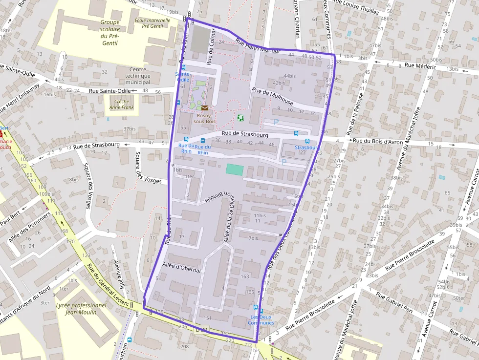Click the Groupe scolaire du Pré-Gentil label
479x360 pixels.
(x=110, y=32)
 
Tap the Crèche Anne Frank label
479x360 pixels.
(x=122, y=104)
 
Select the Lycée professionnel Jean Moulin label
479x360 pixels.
(x=81, y=309)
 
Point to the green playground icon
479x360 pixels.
(x=240, y=118)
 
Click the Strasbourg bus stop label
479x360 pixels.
(x=307, y=147)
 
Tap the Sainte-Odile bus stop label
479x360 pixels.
(x=182, y=76)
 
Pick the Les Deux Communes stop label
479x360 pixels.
(x=261, y=320)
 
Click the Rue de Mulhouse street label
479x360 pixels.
(x=273, y=96)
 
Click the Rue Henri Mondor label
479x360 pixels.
(x=258, y=46)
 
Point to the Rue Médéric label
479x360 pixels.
(x=416, y=65)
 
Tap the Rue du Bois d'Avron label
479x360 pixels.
(x=378, y=141)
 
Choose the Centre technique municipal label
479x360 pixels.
(x=138, y=76)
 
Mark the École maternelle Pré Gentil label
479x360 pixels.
(x=152, y=23)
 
